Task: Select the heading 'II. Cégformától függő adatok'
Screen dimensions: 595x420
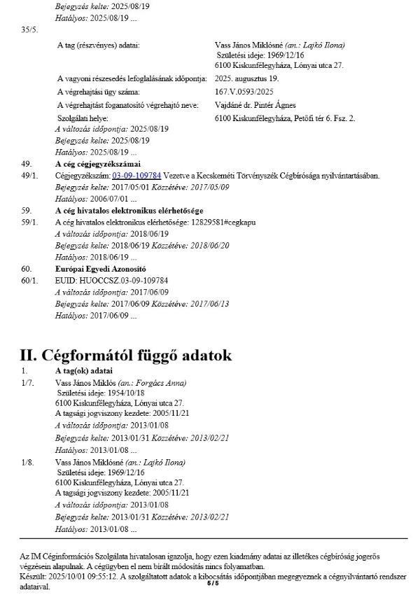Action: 126,355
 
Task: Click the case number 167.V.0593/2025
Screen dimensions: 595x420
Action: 244,92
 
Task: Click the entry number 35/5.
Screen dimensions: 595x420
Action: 30,29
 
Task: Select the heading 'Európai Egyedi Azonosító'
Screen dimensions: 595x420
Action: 100,268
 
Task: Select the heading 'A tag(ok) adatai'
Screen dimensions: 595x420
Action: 84,370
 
